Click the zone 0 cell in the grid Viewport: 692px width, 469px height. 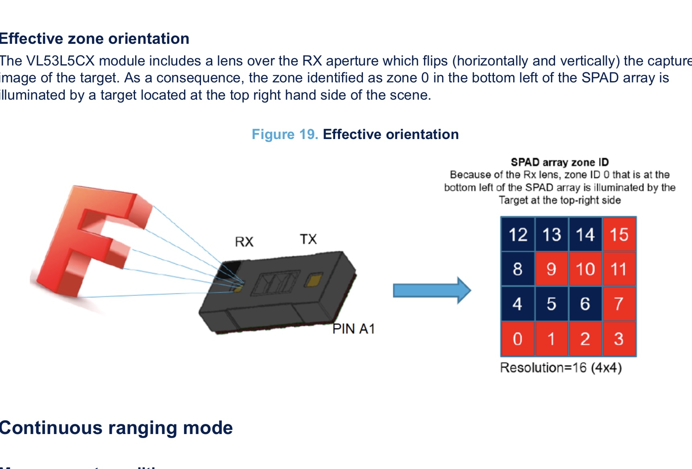coord(518,339)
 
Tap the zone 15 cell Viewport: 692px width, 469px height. coord(619,235)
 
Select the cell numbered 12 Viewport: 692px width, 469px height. coord(518,235)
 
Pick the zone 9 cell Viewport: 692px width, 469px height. coord(551,269)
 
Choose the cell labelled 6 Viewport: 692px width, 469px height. coord(585,304)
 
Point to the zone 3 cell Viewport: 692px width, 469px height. coord(619,339)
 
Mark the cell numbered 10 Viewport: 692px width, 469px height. coord(585,269)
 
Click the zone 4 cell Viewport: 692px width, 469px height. coord(518,304)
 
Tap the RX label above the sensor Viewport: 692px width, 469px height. coord(244,242)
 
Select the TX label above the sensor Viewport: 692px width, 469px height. coord(308,240)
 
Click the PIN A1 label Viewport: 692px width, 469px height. coord(354,329)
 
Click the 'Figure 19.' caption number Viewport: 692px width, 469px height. coord(285,134)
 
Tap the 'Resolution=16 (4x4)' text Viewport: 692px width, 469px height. coord(561,368)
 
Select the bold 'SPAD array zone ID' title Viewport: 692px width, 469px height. coord(559,162)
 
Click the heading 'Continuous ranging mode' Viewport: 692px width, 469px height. coord(116,428)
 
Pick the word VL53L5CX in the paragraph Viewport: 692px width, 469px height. coord(60,61)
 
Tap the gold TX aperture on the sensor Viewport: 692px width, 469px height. coord(313,281)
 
